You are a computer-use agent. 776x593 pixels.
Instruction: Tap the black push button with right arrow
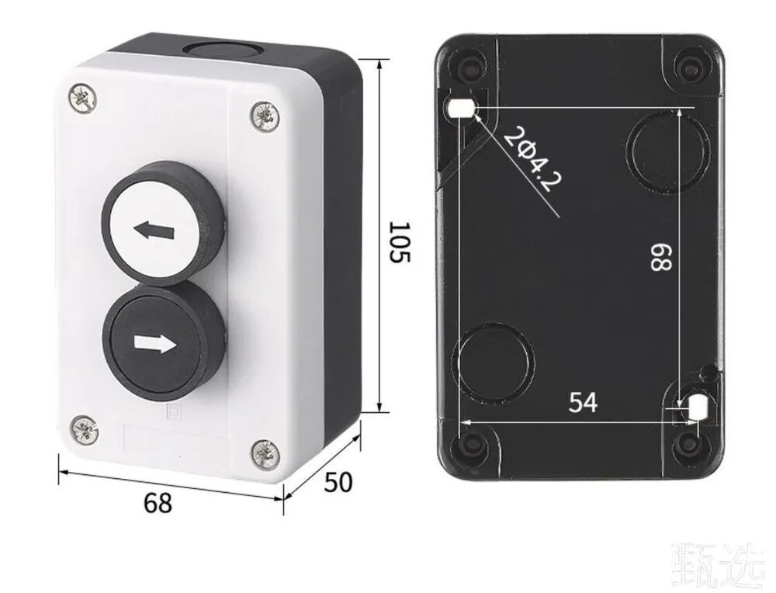(x=163, y=339)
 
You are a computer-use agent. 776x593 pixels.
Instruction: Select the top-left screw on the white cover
(x=82, y=98)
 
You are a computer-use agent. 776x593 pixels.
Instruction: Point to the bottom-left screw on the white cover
(x=84, y=429)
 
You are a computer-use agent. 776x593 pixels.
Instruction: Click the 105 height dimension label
(x=400, y=242)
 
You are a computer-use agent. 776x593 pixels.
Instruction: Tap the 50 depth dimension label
(x=338, y=482)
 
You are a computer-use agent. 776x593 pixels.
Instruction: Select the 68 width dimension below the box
(x=158, y=502)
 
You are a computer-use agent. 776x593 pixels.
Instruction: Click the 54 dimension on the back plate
(x=583, y=402)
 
